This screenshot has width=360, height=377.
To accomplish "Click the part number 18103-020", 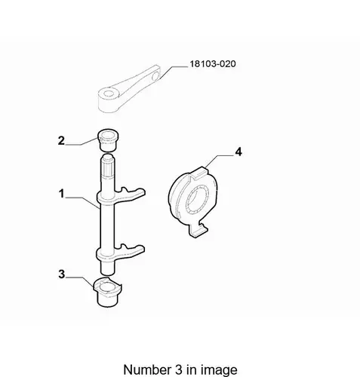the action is point(213,64).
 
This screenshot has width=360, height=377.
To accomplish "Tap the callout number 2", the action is point(61,140).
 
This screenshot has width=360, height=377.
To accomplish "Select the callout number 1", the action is point(62,194).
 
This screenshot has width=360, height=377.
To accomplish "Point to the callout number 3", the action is point(62,274).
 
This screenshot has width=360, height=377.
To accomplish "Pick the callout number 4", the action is point(238,152).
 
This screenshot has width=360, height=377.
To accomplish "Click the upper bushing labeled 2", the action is point(108,140).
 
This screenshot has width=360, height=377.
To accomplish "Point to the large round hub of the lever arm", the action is point(108,100).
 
